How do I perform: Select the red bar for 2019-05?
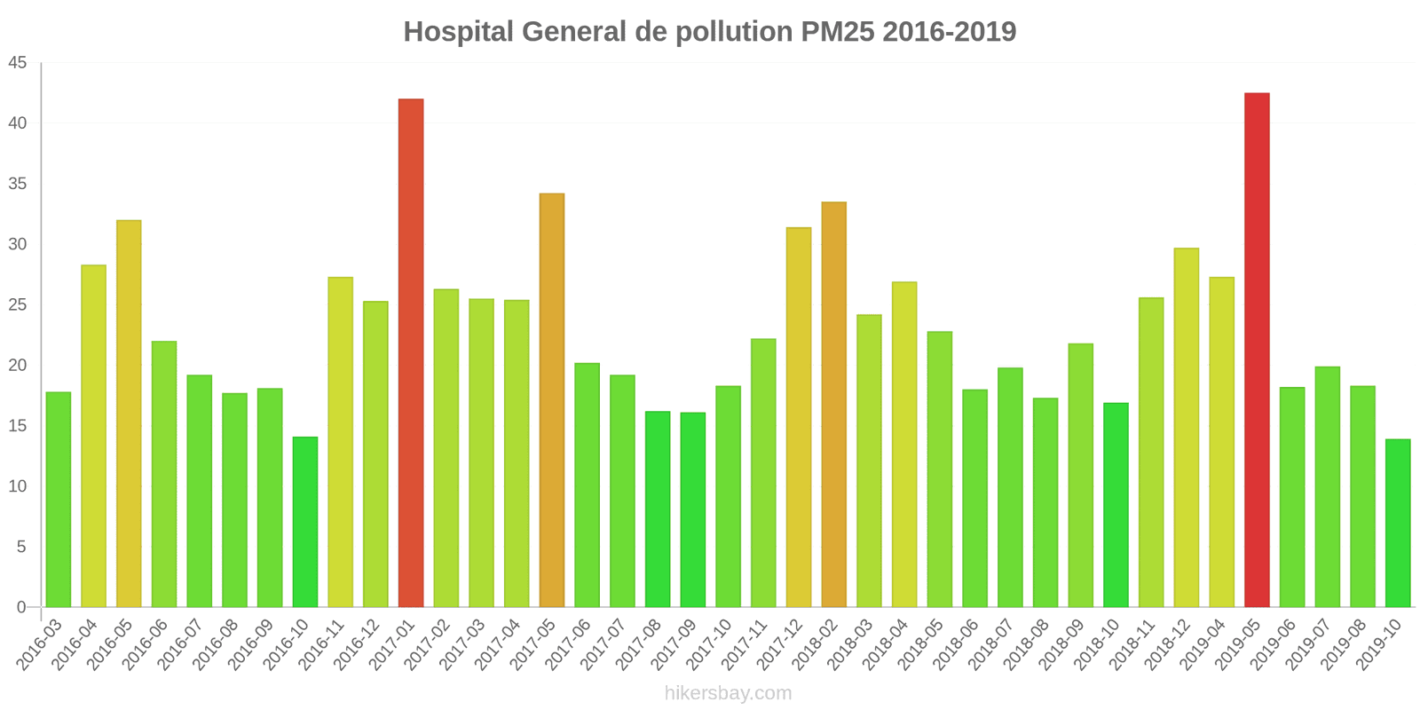click(x=1257, y=350)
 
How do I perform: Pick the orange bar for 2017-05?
click(x=552, y=400)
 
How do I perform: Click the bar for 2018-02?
click(x=834, y=405)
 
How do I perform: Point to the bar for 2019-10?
click(x=1398, y=523)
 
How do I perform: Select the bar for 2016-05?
click(x=129, y=414)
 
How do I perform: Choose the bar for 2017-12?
click(x=799, y=417)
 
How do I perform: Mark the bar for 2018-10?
click(x=1116, y=505)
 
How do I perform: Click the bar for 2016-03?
click(x=59, y=500)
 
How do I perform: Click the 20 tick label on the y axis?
click(x=18, y=366)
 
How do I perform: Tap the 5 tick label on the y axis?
click(x=21, y=548)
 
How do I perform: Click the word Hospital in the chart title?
click(x=458, y=32)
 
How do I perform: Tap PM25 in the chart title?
click(x=838, y=32)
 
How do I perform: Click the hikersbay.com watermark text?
click(x=728, y=692)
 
